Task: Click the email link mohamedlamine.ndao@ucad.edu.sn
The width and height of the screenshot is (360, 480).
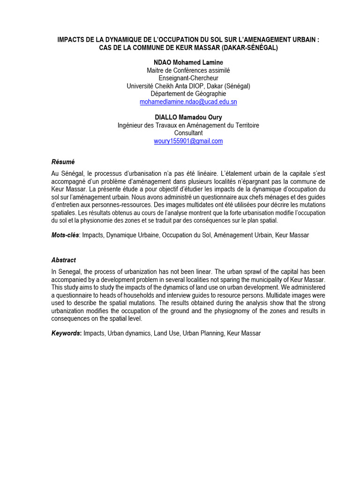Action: (188, 102)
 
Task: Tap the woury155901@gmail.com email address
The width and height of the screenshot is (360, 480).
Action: (188, 141)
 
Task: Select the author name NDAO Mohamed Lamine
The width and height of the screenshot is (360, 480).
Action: (188, 63)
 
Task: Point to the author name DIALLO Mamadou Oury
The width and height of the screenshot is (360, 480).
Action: (188, 117)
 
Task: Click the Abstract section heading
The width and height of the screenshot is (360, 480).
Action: (63, 260)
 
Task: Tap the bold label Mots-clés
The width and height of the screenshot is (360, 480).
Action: (66, 235)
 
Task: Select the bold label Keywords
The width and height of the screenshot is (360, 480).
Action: (67, 333)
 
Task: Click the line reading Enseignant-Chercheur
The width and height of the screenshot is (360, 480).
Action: (188, 78)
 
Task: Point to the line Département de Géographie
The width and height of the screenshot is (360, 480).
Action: (188, 94)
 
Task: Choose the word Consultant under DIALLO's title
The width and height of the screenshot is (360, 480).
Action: (188, 133)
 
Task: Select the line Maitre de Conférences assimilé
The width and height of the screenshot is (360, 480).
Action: (188, 71)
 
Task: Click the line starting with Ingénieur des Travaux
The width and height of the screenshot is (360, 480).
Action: (188, 125)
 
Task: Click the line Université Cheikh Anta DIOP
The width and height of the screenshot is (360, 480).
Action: (188, 86)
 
